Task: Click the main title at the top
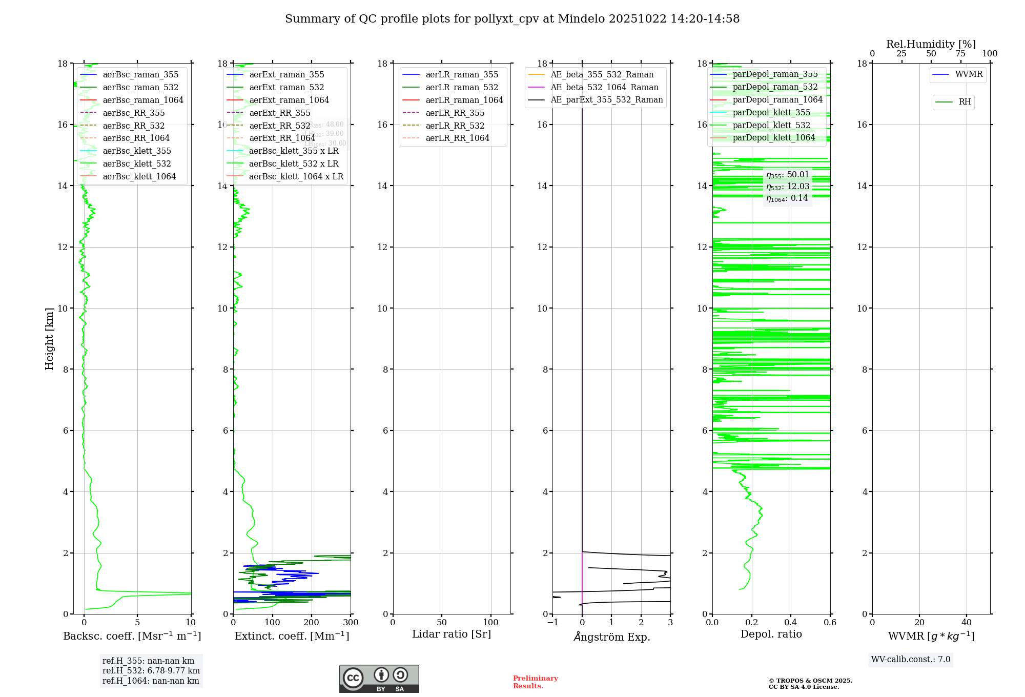tap(512, 19)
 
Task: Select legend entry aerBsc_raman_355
tap(140, 75)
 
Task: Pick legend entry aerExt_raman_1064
tap(289, 100)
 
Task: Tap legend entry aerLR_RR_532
tap(455, 126)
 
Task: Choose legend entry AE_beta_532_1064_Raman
tap(604, 88)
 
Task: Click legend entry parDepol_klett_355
tap(771, 113)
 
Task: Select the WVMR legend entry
tap(969, 75)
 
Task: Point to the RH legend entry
tap(965, 102)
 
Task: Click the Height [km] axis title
tap(49, 339)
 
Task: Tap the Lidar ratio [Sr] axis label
tap(452, 634)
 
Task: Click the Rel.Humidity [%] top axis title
tap(931, 44)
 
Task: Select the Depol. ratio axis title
tap(771, 634)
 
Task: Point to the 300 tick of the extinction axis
tap(351, 623)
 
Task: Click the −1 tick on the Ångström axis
tap(552, 623)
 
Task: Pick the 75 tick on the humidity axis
tap(960, 54)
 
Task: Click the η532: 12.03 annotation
tap(788, 187)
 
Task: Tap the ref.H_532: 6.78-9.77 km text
tap(151, 671)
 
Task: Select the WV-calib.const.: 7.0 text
tap(911, 660)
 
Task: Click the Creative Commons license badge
tap(379, 679)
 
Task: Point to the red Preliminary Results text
tap(535, 682)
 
